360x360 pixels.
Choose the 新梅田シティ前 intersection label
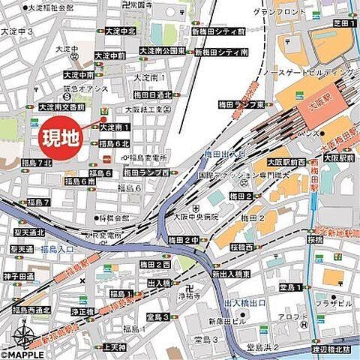point(218,32)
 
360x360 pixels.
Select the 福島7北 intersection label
point(36,163)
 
